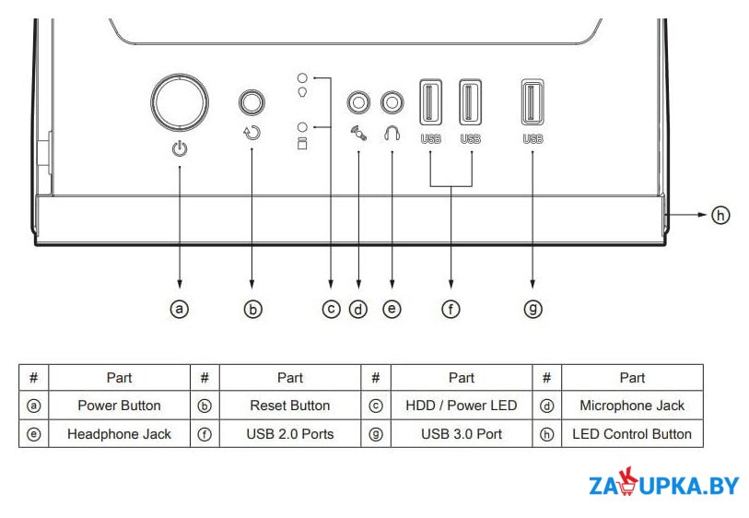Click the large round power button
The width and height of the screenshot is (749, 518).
[x=180, y=102]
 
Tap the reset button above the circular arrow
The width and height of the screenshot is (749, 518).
[x=252, y=101]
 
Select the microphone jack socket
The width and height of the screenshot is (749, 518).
[x=358, y=102]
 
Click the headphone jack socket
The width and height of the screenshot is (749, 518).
[x=392, y=102]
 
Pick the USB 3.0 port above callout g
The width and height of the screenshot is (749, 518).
[x=532, y=102]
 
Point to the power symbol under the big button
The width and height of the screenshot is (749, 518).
[x=180, y=149]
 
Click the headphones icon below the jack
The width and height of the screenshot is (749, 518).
[x=392, y=134]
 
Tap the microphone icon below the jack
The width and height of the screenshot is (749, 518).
[x=358, y=134]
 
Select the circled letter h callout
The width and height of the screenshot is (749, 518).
[x=720, y=215]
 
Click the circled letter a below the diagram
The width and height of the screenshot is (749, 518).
[x=180, y=309]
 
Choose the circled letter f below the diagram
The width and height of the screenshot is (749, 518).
[x=451, y=309]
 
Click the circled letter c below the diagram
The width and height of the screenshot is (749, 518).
[x=331, y=309]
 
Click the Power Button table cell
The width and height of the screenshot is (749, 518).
[x=119, y=406]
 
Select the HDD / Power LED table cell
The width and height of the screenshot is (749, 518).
[x=462, y=406]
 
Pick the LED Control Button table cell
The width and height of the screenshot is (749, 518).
[x=632, y=434]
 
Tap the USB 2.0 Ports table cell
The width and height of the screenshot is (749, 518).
[x=290, y=434]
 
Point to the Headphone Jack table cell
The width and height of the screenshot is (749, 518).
[x=119, y=434]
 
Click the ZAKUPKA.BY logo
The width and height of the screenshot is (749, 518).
[x=664, y=483]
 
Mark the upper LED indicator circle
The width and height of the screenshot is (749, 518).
[x=302, y=77]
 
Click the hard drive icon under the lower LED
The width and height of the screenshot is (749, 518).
[x=302, y=143]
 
